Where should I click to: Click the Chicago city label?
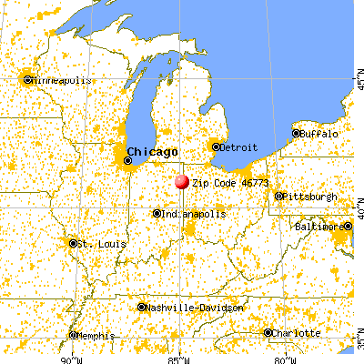point(153,151)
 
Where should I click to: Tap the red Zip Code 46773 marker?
point(182,182)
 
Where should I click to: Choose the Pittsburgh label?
point(310,197)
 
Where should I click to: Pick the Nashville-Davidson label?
point(190,308)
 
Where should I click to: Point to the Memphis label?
point(96,335)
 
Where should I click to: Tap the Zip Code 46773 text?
point(222,182)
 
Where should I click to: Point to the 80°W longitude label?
point(285,358)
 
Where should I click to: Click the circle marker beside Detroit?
point(216,146)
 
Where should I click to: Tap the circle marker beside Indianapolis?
point(157,214)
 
